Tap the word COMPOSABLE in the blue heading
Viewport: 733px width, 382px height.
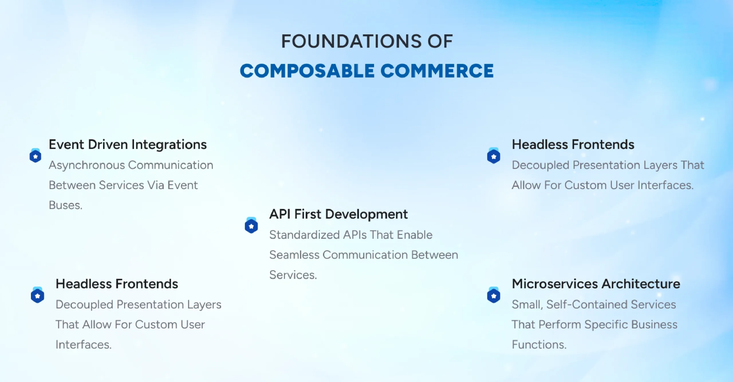pyautogui.click(x=307, y=71)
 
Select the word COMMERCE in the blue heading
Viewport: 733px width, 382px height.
pyautogui.click(x=437, y=71)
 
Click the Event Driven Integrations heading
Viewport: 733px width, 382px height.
pyautogui.click(x=128, y=144)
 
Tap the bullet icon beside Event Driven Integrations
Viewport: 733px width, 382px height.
pyautogui.click(x=36, y=156)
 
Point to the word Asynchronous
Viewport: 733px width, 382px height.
pyautogui.click(x=87, y=165)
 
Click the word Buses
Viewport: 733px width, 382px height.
pyautogui.click(x=66, y=205)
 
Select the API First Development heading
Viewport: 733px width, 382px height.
pyautogui.click(x=338, y=214)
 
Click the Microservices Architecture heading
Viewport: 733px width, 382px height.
pyautogui.click(x=596, y=284)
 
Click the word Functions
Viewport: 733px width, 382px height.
pyautogui.click(x=539, y=344)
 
